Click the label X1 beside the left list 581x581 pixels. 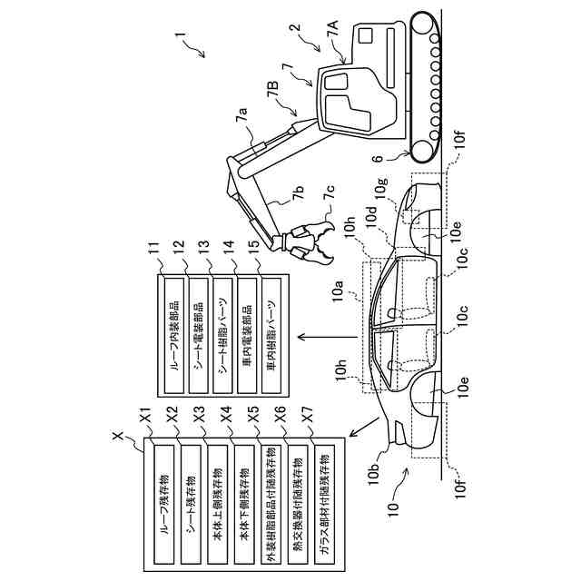(x=145, y=416)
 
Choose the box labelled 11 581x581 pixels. (x=173, y=336)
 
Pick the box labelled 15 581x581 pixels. (x=271, y=336)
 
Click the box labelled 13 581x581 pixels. (x=222, y=336)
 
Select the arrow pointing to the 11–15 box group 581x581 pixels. (x=328, y=337)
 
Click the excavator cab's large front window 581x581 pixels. (x=348, y=113)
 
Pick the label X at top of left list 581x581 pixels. (x=119, y=436)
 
